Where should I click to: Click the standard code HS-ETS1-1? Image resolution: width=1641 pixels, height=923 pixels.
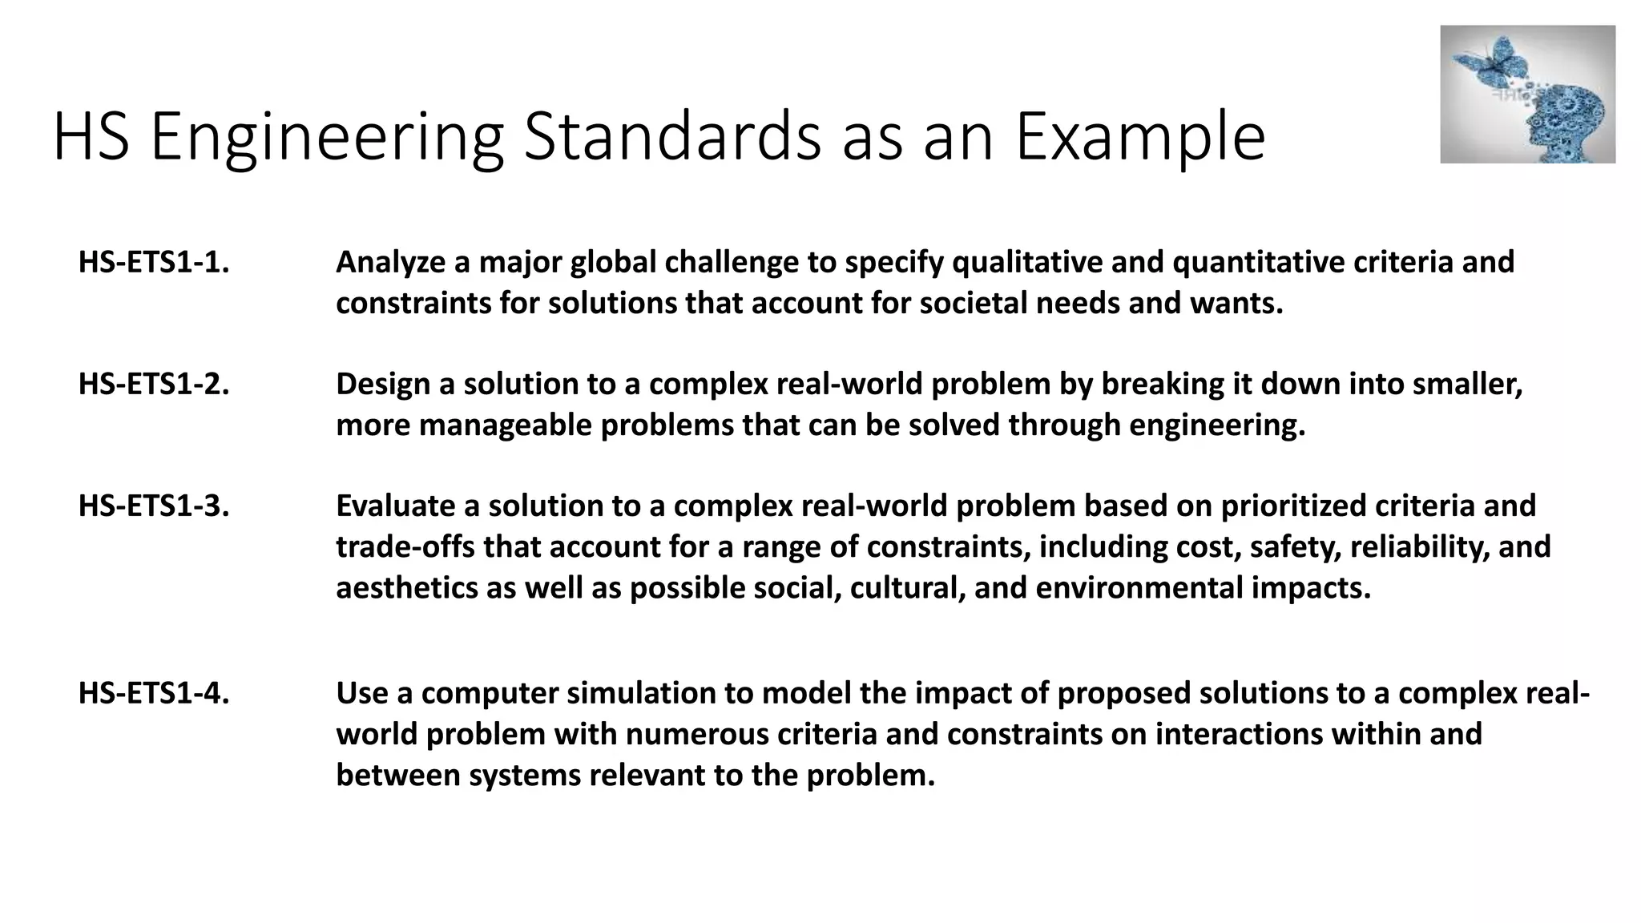coord(154,263)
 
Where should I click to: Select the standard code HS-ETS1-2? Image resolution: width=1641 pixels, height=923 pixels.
coord(154,385)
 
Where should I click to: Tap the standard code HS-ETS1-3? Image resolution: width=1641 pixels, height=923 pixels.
coord(154,506)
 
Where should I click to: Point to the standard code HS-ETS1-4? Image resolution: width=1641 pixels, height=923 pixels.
coord(154,694)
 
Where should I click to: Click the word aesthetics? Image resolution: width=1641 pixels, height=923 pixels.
coord(407,588)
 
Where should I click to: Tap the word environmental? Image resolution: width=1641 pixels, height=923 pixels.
coord(1139,588)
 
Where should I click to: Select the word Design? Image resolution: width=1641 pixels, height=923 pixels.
coord(382,385)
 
